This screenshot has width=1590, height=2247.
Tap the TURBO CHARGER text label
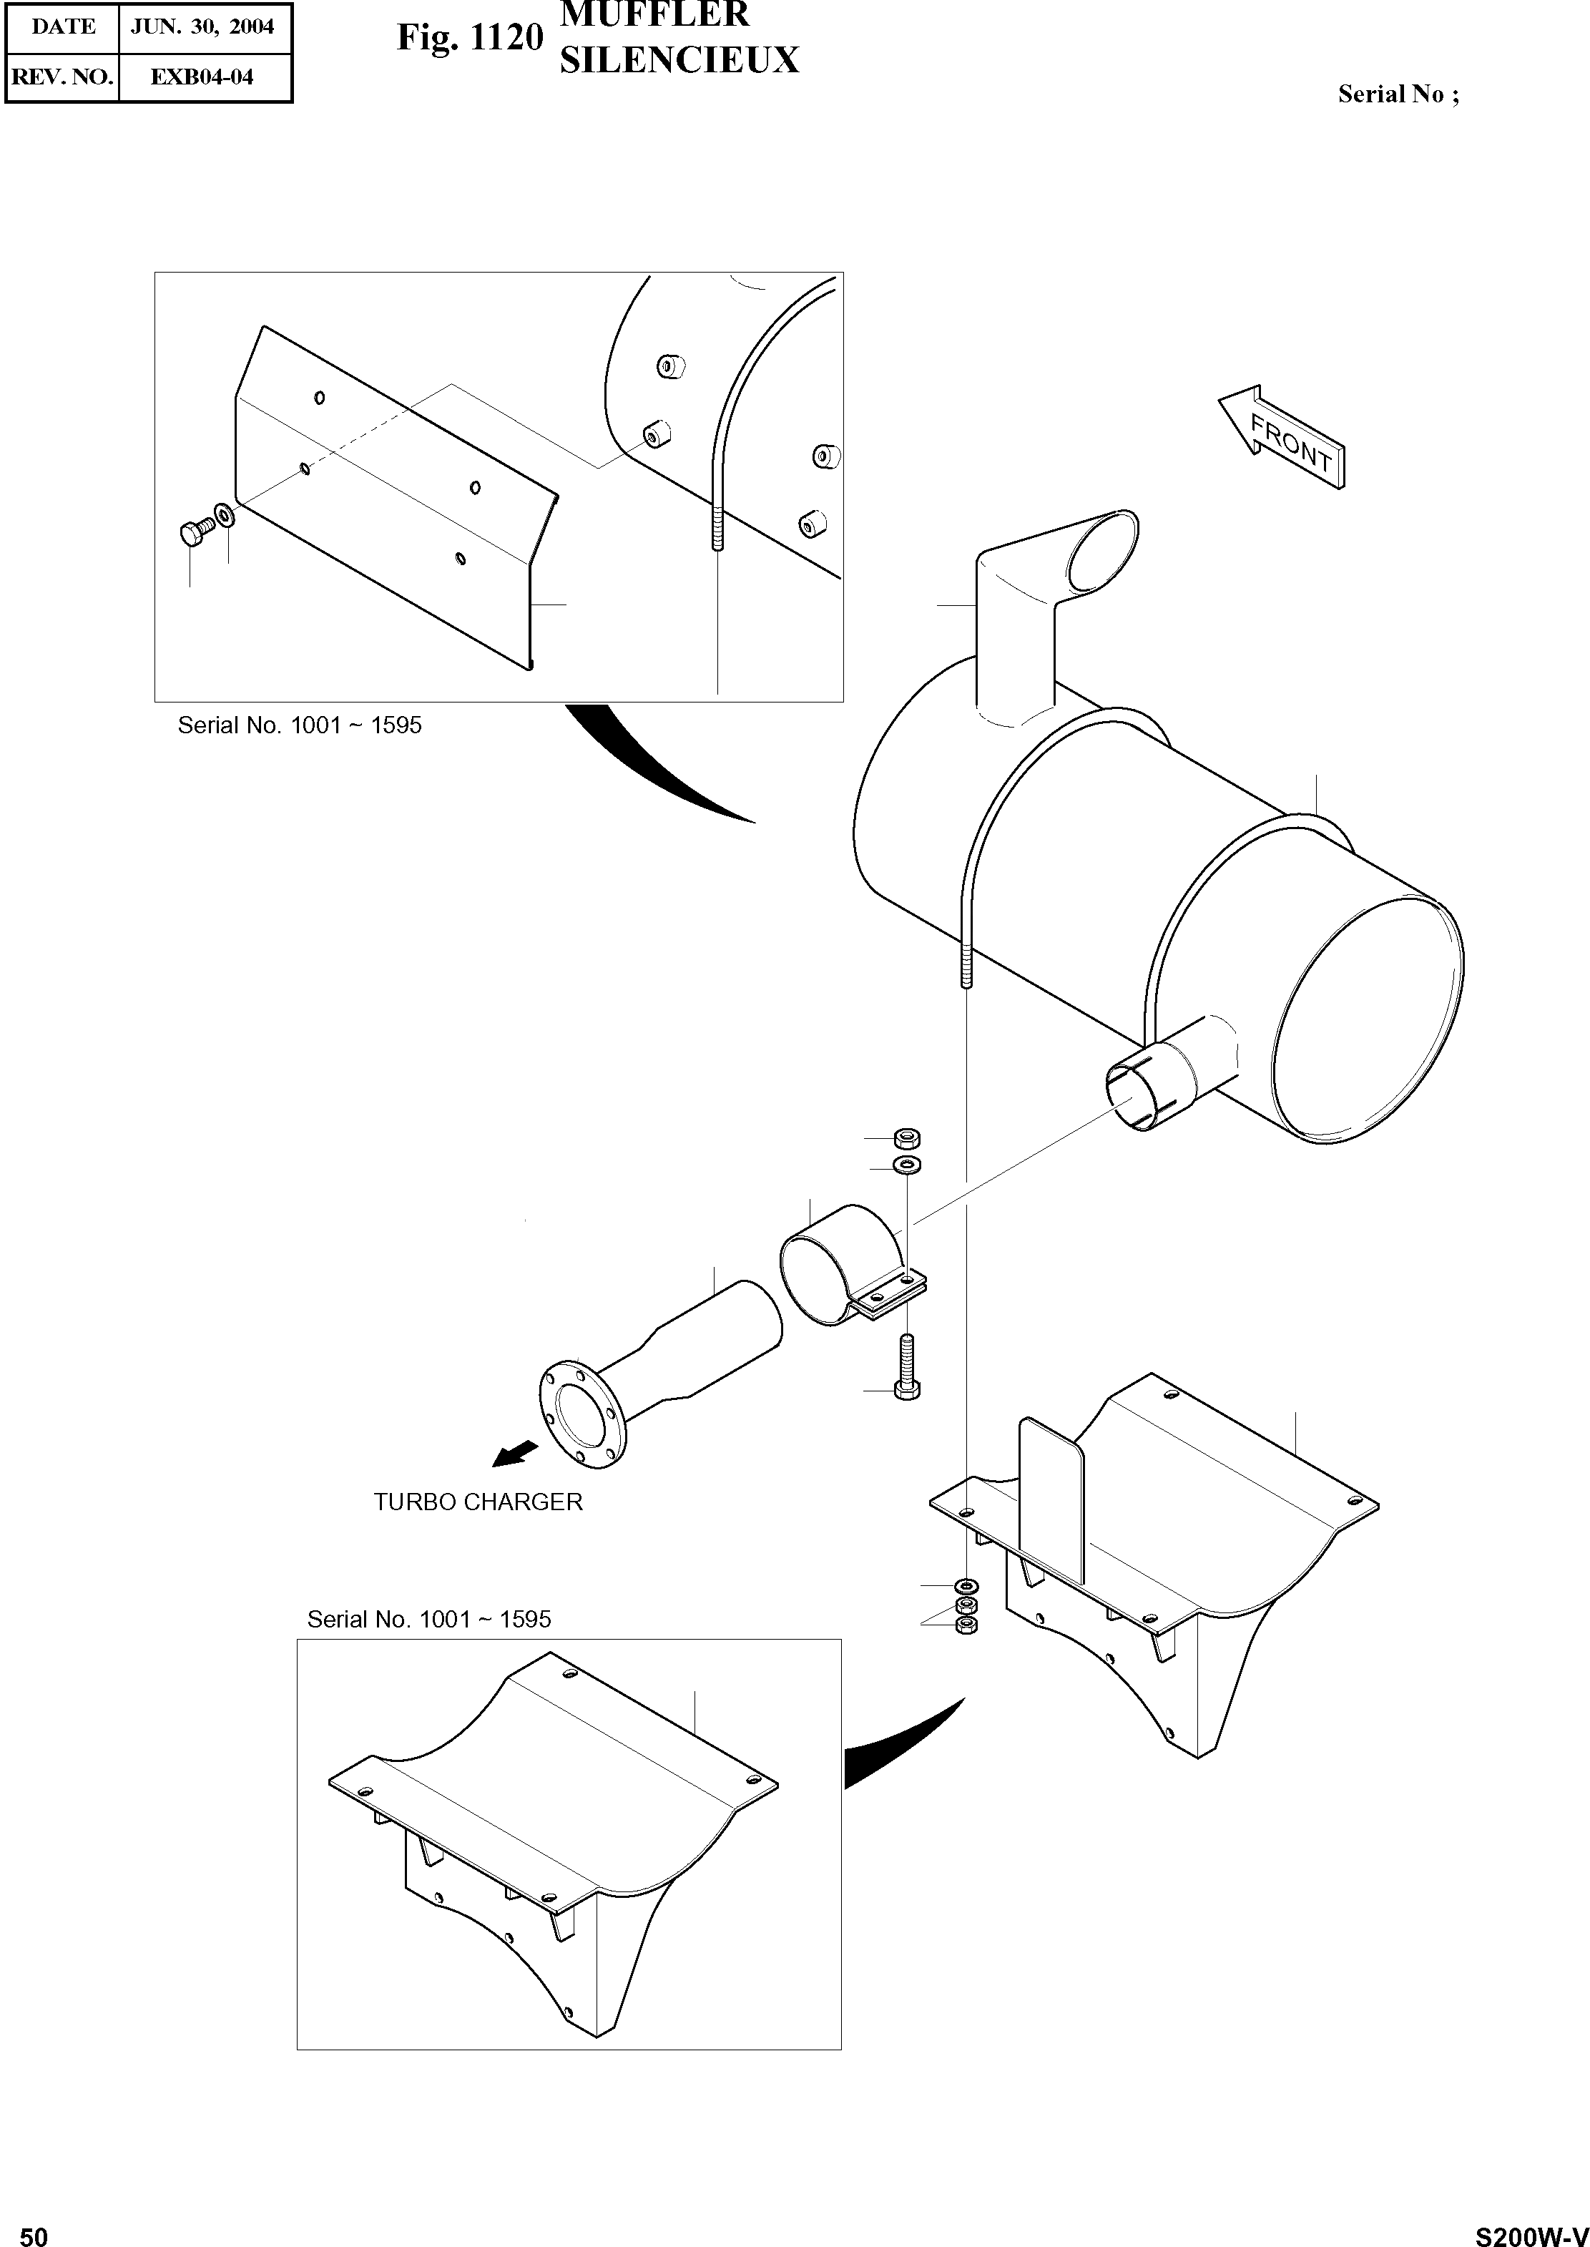click(x=478, y=1502)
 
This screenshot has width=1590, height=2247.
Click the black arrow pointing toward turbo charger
click(x=515, y=1453)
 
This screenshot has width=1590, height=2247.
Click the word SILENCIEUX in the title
click(x=679, y=61)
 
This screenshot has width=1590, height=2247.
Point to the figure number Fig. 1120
click(x=470, y=37)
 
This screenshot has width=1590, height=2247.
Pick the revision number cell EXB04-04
click(x=202, y=77)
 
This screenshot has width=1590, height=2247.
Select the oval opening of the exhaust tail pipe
click(x=1101, y=553)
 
